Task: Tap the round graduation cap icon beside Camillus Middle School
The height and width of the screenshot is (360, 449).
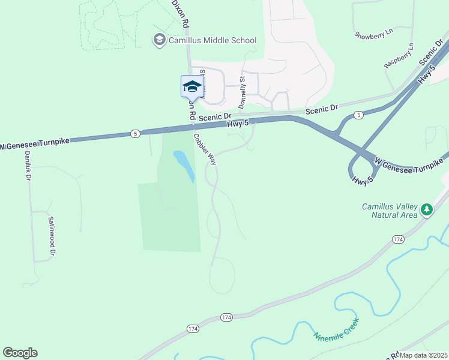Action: [159, 40]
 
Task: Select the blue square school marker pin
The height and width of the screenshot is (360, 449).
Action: [192, 86]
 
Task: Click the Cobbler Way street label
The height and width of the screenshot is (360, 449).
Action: [205, 149]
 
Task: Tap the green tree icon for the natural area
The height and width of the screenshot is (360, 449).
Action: [427, 209]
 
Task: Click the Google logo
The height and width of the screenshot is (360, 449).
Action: [20, 353]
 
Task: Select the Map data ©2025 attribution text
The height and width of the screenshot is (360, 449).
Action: [424, 355]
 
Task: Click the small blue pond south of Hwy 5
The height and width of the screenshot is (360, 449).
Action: [184, 166]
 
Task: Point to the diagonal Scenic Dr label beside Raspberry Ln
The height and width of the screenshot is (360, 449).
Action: [434, 53]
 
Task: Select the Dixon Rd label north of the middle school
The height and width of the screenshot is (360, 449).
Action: [181, 13]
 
